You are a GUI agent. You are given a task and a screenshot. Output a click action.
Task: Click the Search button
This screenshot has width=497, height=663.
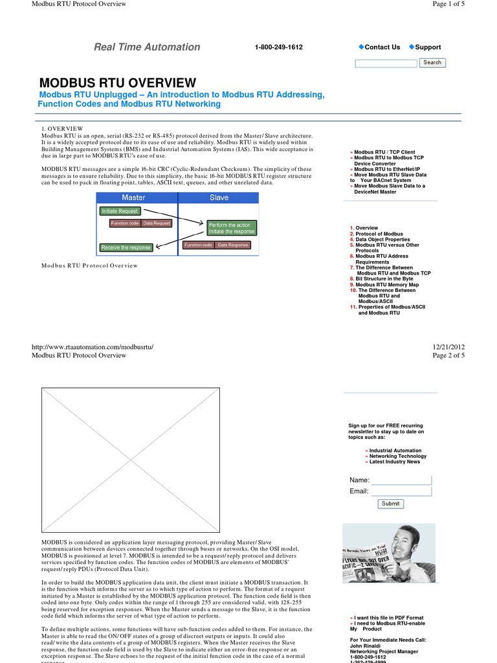(x=432, y=63)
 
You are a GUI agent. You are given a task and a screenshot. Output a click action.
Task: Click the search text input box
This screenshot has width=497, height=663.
(x=386, y=63)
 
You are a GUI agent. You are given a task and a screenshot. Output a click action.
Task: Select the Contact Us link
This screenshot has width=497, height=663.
(x=382, y=47)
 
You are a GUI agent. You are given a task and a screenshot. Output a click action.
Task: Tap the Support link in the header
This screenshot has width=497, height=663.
(x=428, y=47)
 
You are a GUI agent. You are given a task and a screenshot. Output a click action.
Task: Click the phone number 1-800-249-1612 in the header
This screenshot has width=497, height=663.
(x=278, y=47)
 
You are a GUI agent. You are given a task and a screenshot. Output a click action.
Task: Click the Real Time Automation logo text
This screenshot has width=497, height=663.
(x=147, y=47)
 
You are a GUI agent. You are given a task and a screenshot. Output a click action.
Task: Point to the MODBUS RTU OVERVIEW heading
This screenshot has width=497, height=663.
(x=117, y=82)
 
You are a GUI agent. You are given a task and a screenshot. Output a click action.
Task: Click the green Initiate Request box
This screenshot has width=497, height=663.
(x=119, y=211)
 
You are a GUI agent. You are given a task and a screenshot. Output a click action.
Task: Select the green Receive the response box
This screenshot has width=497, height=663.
(x=126, y=247)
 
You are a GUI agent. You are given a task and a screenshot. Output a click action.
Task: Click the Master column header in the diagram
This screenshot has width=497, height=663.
(x=133, y=197)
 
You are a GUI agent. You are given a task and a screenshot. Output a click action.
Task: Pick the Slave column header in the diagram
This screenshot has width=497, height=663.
(x=219, y=197)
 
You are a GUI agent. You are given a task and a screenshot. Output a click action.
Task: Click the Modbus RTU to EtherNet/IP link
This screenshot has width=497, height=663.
(x=386, y=169)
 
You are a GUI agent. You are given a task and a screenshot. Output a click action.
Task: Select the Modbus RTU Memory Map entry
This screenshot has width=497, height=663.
(x=387, y=285)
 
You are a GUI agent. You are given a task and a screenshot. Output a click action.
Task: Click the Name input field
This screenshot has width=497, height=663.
(x=401, y=480)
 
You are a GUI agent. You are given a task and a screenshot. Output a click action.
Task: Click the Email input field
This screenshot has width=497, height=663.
(x=401, y=491)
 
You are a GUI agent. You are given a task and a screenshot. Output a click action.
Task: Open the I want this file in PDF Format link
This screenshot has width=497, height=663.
(x=388, y=618)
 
